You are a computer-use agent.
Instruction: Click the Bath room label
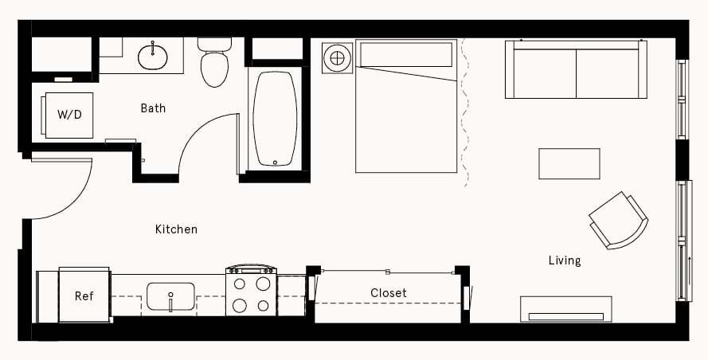tap(153, 108)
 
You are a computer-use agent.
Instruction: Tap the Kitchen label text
tap(176, 229)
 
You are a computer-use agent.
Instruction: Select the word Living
tap(564, 260)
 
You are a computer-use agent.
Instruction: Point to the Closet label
tap(389, 293)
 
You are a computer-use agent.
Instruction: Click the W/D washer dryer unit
tap(68, 114)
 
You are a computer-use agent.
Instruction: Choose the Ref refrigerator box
tap(84, 295)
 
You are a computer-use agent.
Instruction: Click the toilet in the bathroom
tap(214, 64)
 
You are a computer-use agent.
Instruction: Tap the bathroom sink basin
tap(152, 56)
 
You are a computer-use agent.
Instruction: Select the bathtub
tap(275, 119)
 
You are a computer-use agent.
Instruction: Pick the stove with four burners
tap(251, 292)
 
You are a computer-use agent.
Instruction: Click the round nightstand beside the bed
tap(338, 57)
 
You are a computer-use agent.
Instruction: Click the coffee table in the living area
tap(569, 163)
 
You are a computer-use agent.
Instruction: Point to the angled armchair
tap(618, 220)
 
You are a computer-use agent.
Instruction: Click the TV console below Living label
tap(565, 309)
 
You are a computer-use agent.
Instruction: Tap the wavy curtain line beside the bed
tap(464, 112)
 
